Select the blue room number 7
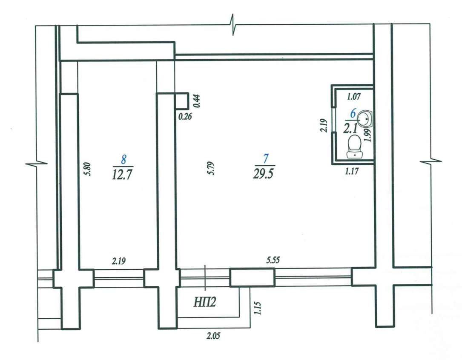coord(266,158)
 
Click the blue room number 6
coord(353,113)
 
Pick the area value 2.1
coord(350,129)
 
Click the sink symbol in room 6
coord(365,118)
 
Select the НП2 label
coord(205,302)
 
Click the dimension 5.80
coord(88,170)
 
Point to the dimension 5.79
coord(211,168)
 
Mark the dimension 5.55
coord(273,260)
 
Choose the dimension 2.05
coord(213,336)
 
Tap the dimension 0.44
coord(197,101)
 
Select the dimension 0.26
coord(185,116)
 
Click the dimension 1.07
coord(353,96)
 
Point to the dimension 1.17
coord(352,171)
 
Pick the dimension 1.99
coord(368,135)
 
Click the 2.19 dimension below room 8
coord(119,261)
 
